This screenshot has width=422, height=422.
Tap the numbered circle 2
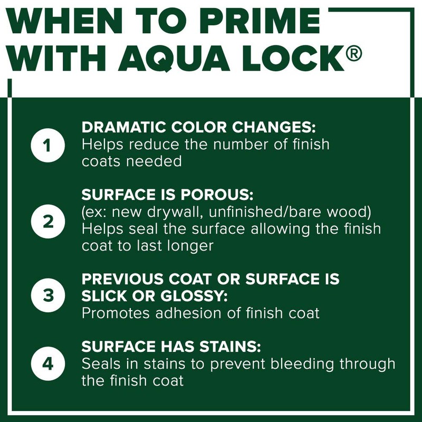pyautogui.click(x=48, y=222)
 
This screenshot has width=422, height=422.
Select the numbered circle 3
pyautogui.click(x=48, y=295)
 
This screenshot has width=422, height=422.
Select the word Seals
pyautogui.click(x=99, y=364)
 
